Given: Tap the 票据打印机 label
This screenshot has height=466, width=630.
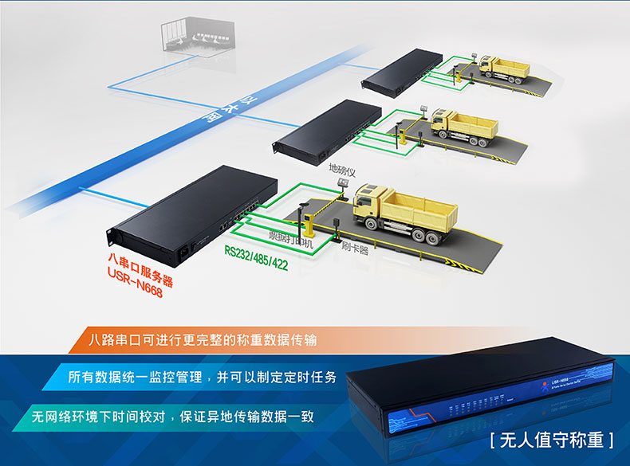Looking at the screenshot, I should point(289,237).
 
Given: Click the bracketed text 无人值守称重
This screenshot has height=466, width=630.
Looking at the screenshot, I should point(552,439).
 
